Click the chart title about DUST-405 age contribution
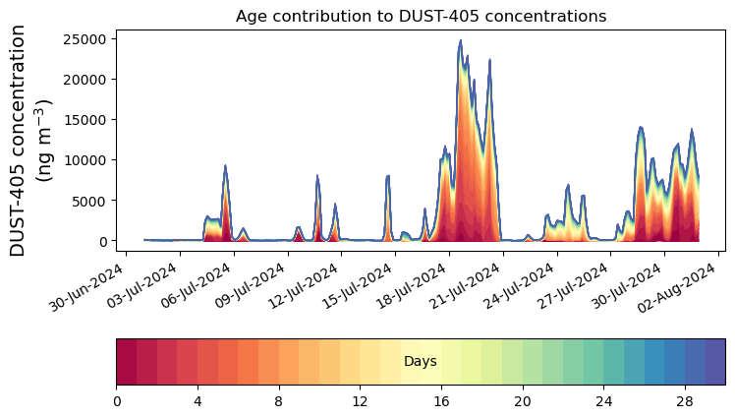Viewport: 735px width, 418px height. (x=421, y=16)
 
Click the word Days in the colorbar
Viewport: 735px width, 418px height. (x=421, y=362)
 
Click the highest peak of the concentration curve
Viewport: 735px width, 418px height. (x=460, y=41)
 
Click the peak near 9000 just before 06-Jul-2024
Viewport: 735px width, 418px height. (x=225, y=166)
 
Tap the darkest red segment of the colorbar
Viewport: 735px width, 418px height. (x=127, y=362)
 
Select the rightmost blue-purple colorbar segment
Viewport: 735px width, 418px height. (x=715, y=362)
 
